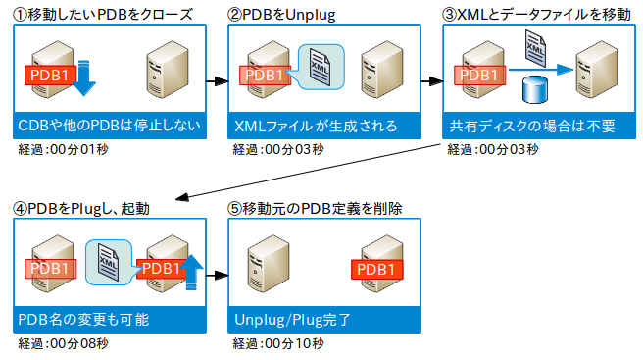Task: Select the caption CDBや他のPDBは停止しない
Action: point(108,126)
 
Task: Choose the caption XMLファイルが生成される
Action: point(316,126)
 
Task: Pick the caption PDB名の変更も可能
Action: point(84,320)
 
